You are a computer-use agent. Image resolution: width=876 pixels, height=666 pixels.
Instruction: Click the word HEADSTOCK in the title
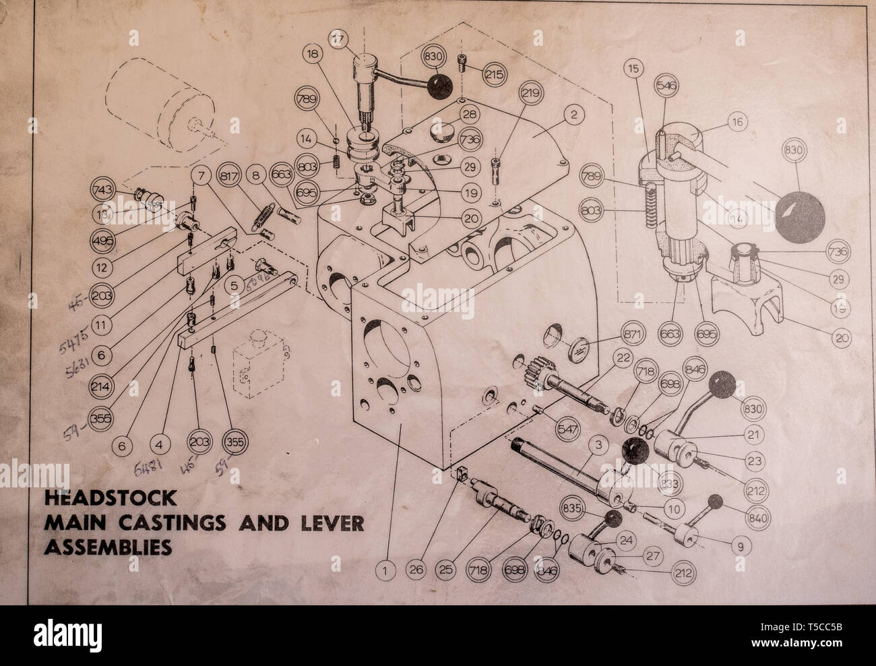click(x=111, y=499)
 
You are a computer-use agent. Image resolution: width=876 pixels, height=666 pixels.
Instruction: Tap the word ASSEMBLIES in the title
click(x=107, y=547)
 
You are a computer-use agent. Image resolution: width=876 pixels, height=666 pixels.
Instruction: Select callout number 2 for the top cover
click(x=573, y=115)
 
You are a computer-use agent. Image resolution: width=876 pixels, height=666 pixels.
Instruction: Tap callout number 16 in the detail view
click(x=737, y=122)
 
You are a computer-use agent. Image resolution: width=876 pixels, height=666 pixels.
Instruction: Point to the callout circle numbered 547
click(x=568, y=428)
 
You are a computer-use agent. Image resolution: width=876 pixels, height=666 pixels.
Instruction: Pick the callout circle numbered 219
click(x=531, y=94)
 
